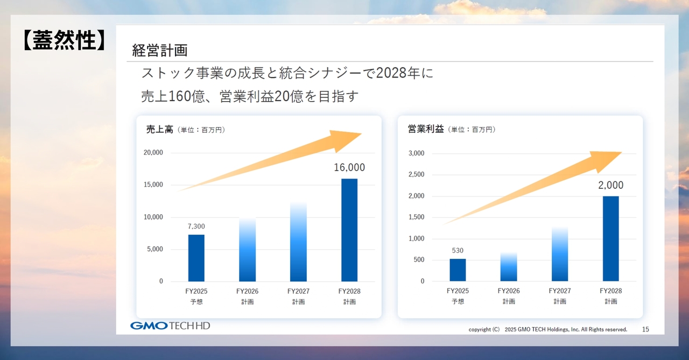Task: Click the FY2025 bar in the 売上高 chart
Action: [196, 258]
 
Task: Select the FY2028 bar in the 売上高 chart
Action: [349, 230]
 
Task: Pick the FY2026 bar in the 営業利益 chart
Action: [509, 267]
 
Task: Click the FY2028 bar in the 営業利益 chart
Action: [610, 238]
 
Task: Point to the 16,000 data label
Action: [349, 167]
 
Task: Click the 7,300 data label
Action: [196, 227]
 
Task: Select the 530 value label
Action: [458, 251]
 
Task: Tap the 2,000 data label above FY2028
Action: [610, 185]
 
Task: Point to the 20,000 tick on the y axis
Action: [153, 153]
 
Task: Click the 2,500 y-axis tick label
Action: [416, 174]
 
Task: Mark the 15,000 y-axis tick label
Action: [153, 185]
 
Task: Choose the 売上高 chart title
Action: [159, 129]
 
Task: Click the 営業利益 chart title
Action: [426, 129]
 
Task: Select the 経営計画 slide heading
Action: [160, 51]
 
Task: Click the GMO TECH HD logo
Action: [170, 326]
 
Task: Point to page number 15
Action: [645, 329]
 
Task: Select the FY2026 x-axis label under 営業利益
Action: [509, 291]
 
